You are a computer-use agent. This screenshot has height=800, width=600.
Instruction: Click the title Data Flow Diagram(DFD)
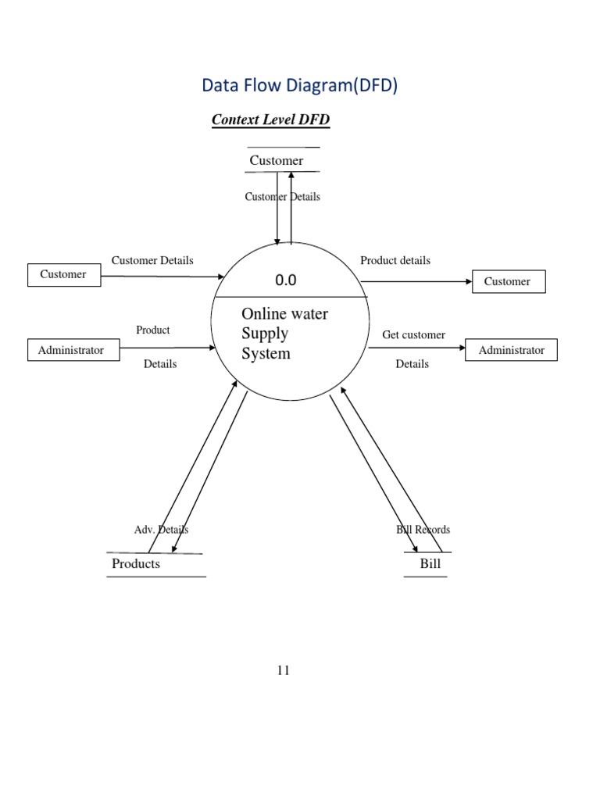(300, 86)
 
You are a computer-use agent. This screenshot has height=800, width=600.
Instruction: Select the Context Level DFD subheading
(270, 121)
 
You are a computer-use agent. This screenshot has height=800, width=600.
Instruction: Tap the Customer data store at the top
(277, 160)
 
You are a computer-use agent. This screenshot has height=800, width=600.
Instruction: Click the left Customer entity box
(63, 275)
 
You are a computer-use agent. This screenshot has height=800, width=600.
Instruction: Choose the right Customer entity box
(508, 281)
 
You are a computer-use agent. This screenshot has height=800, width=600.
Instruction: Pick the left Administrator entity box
(71, 350)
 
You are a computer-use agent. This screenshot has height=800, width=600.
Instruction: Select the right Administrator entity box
(512, 350)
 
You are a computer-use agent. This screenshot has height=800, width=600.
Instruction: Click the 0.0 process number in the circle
(285, 280)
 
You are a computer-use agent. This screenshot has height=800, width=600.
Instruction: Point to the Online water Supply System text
(284, 334)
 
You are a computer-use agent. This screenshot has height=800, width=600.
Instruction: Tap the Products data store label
(136, 564)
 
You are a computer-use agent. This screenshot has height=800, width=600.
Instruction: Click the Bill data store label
(430, 563)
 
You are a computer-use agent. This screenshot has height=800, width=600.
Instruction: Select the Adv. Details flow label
(161, 530)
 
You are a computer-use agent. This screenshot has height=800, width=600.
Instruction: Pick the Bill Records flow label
(423, 530)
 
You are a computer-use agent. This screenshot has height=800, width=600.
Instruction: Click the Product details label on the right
(395, 260)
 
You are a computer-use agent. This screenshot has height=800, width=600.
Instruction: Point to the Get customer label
(413, 334)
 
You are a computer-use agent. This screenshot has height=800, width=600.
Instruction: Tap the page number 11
(283, 670)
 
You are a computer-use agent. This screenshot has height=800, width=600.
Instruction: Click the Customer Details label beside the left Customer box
(152, 260)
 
